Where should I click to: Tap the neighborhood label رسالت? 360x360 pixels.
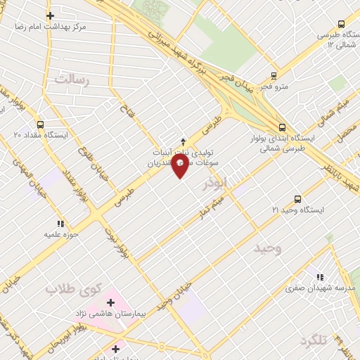pos(73,79)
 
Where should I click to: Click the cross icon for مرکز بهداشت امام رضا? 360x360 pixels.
pos(50,15)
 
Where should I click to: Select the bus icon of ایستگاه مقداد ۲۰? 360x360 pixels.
pos(39,124)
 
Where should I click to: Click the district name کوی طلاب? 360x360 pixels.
pos(74,288)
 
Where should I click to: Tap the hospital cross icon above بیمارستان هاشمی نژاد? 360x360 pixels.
pos(110,302)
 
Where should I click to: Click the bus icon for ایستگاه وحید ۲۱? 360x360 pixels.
pos(297,199)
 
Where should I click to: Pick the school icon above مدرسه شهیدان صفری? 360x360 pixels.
pos(320,278)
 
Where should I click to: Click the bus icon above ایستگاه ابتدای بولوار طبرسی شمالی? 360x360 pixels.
pos(282,127)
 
